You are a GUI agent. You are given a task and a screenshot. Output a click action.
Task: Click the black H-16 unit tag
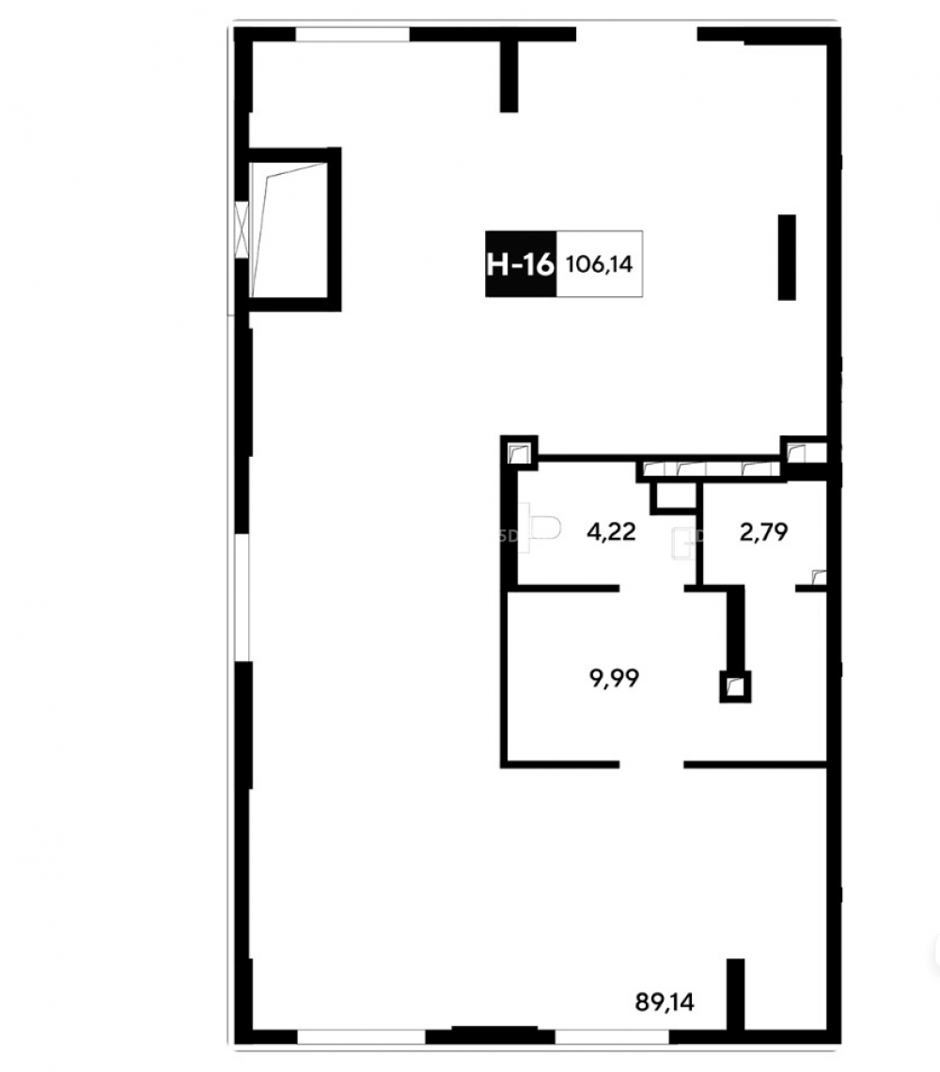click(521, 264)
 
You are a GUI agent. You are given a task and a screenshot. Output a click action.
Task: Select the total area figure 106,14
click(600, 264)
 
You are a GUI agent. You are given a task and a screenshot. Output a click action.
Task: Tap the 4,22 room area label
click(611, 531)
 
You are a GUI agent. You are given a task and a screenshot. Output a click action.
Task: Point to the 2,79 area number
click(763, 531)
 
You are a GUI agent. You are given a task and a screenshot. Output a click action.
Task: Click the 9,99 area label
click(614, 678)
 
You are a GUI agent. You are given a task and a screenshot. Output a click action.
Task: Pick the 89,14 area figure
click(665, 1002)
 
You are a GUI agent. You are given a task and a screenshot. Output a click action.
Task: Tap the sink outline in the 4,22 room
click(683, 544)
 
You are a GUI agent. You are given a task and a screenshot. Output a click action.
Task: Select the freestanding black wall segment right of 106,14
click(787, 257)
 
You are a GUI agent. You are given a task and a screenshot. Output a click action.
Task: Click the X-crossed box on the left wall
click(242, 229)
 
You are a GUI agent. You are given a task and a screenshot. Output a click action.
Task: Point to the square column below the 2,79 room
click(735, 687)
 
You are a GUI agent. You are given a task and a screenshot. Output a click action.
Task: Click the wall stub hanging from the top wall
click(509, 76)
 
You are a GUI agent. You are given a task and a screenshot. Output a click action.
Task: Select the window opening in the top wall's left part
click(352, 34)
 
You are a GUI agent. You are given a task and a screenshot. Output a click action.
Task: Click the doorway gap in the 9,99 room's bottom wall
click(651, 764)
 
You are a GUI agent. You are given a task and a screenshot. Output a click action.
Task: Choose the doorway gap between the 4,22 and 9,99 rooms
click(652, 588)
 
